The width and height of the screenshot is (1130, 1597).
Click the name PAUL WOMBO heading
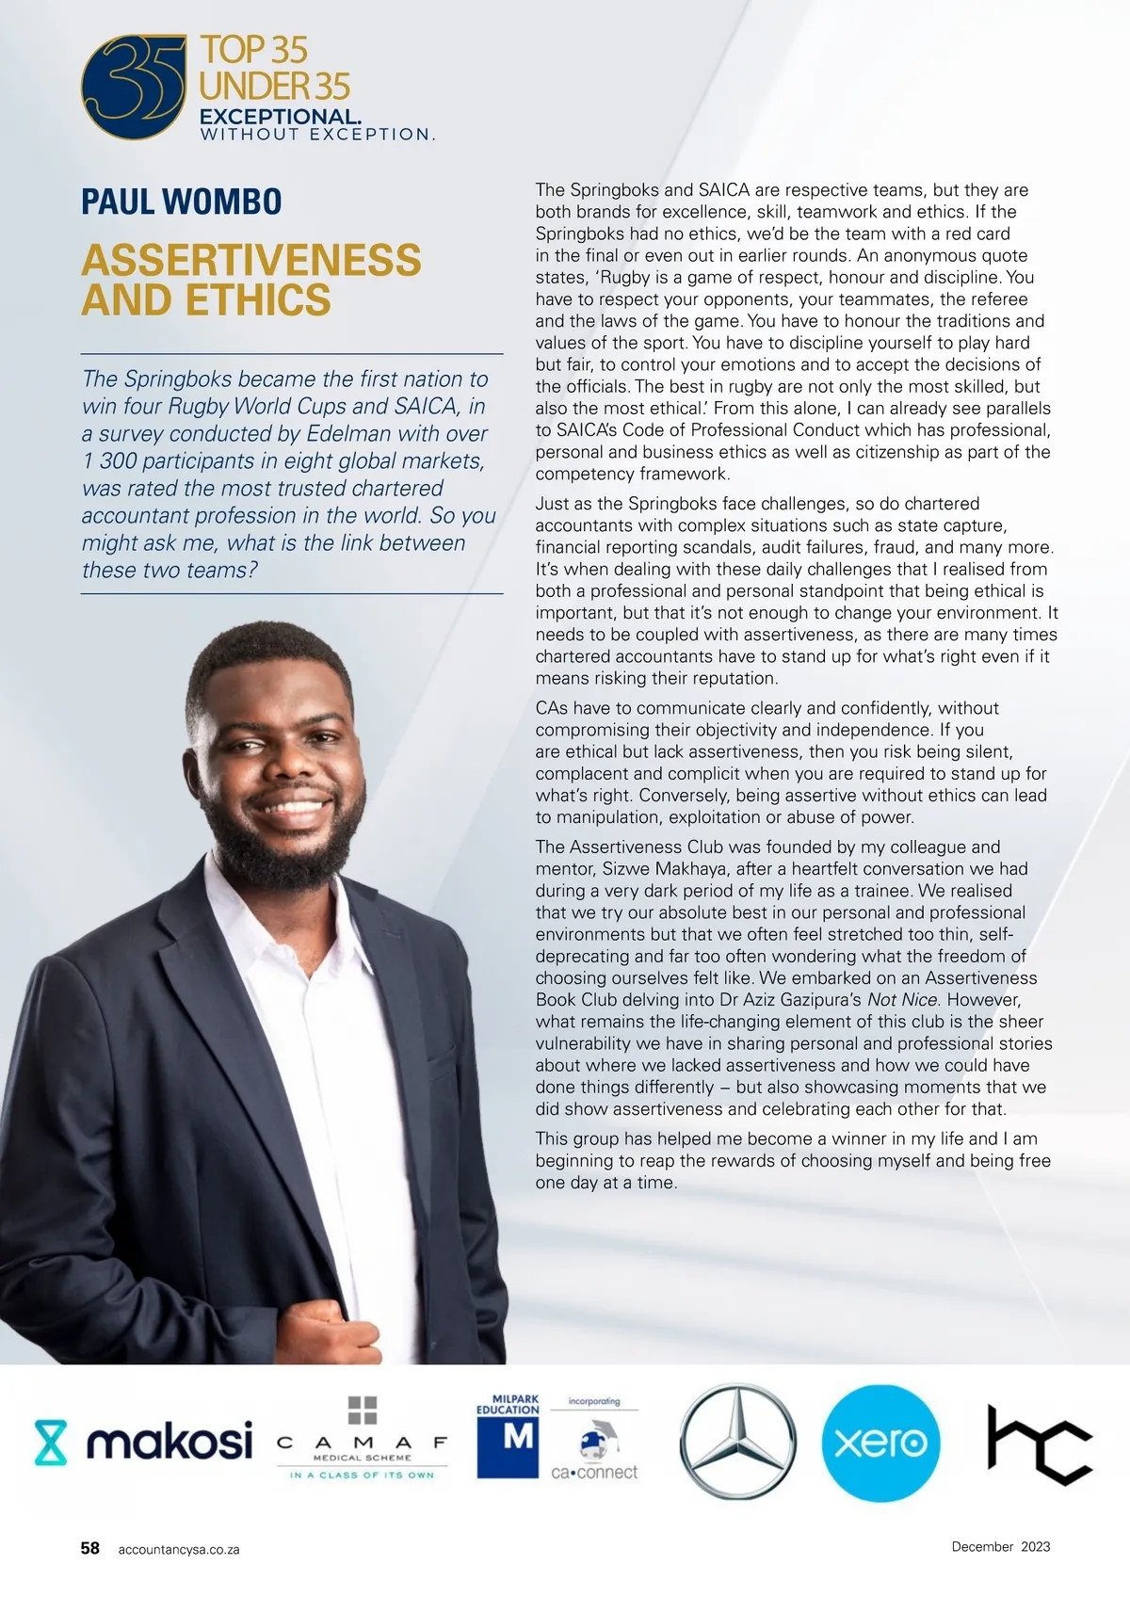[182, 202]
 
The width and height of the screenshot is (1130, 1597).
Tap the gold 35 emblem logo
[133, 87]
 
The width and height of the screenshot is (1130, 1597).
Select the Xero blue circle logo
[880, 1443]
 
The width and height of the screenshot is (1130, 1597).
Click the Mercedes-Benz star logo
[738, 1441]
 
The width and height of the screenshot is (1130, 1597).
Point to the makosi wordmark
[169, 1442]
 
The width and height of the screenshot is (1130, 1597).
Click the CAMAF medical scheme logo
[363, 1441]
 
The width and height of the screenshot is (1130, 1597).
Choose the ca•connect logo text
[594, 1472]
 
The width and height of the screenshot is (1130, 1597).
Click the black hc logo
[1039, 1443]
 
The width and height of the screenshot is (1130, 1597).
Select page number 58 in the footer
[90, 1548]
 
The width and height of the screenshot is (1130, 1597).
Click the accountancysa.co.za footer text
[179, 1549]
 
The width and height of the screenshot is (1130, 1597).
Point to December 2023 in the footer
[1000, 1546]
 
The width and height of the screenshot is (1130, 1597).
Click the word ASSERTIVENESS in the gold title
[251, 261]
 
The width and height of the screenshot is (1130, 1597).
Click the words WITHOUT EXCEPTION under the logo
[316, 135]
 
